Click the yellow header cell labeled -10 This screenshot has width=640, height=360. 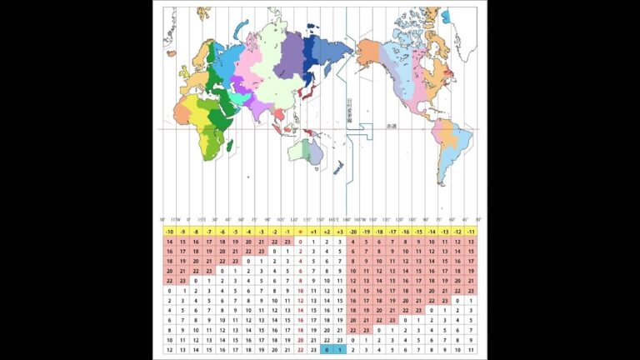click(x=169, y=231)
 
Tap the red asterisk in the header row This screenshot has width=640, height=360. click(x=300, y=231)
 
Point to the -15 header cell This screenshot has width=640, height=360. click(x=419, y=231)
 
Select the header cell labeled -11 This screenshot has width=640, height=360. click(x=472, y=231)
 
